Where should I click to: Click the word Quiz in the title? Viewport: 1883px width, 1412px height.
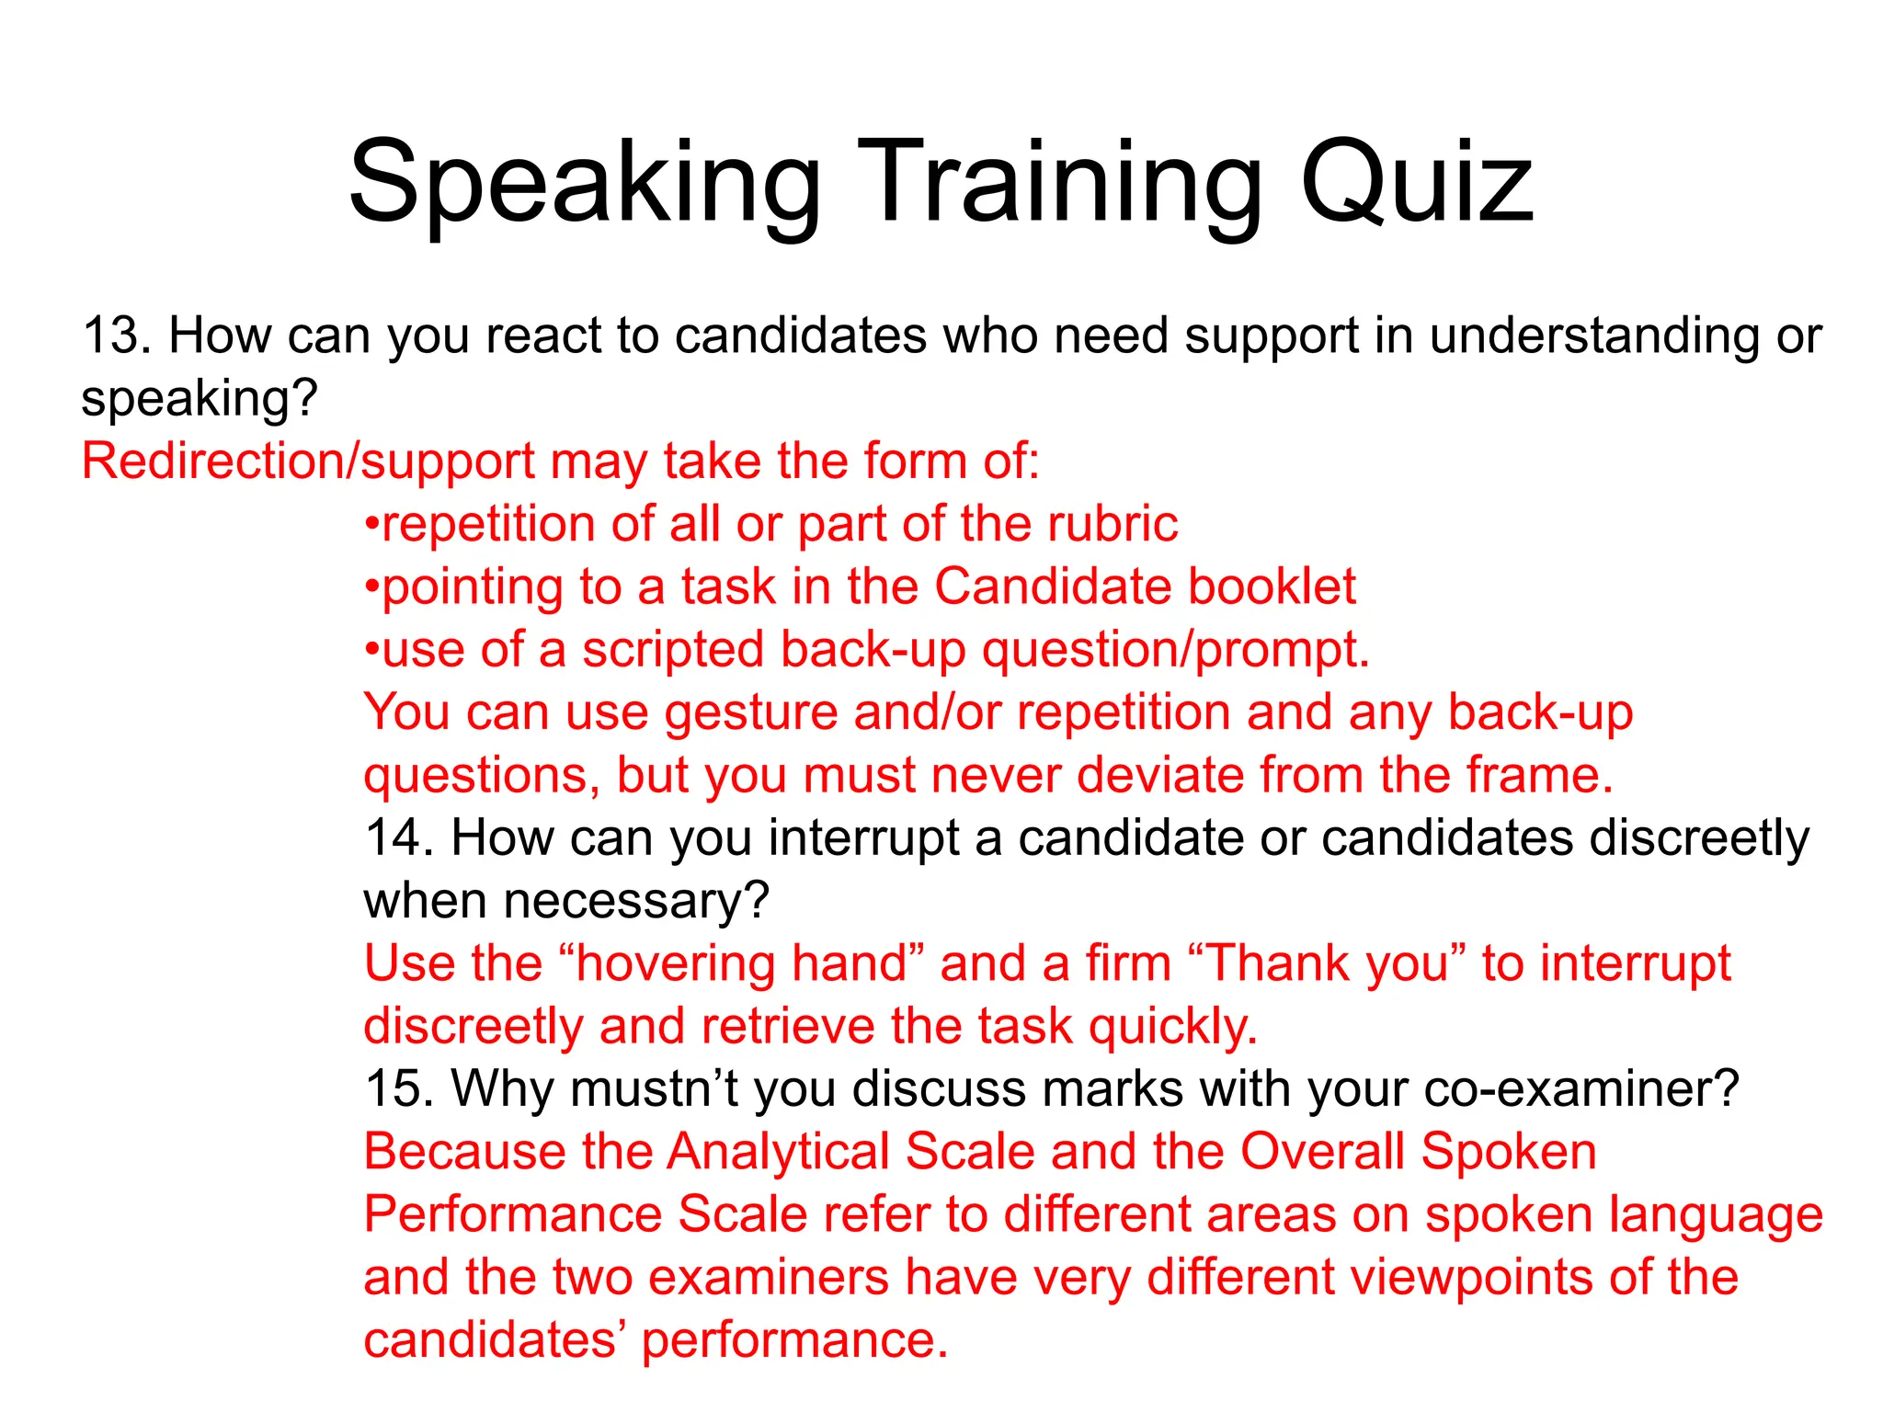click(x=1417, y=184)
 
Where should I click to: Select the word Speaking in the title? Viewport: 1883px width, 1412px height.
click(x=585, y=184)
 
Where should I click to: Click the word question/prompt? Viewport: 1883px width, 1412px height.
click(x=1176, y=651)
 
